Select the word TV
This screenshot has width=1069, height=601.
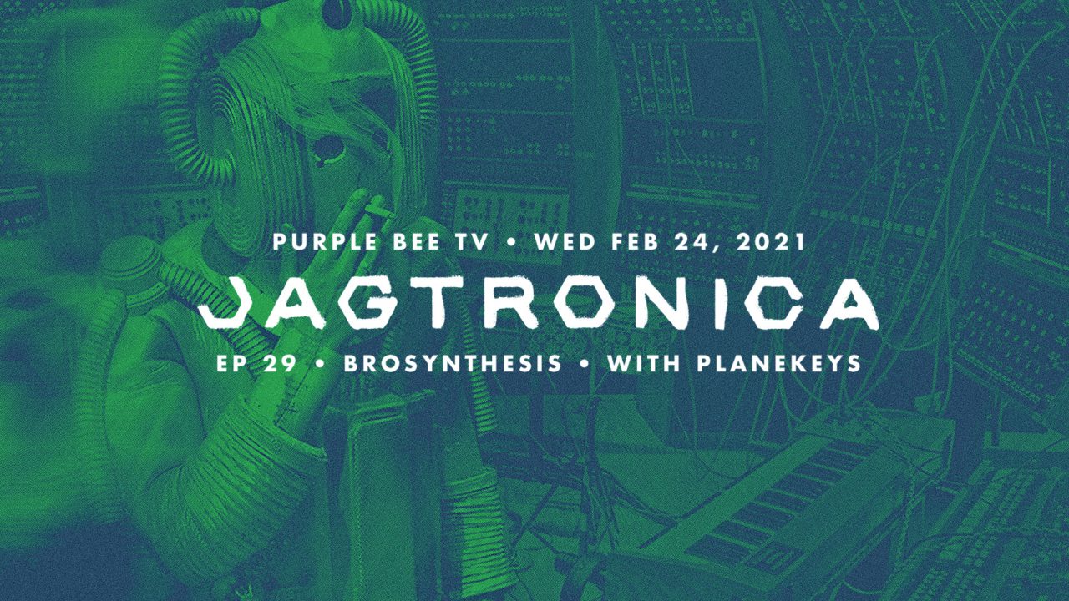point(472,241)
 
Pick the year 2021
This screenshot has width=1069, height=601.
point(771,241)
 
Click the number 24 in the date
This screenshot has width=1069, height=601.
point(697,242)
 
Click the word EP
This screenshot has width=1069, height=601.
point(233,363)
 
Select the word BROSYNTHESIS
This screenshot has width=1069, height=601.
point(453,363)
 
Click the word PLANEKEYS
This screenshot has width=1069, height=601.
point(779,363)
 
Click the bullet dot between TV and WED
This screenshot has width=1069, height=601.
point(512,242)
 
